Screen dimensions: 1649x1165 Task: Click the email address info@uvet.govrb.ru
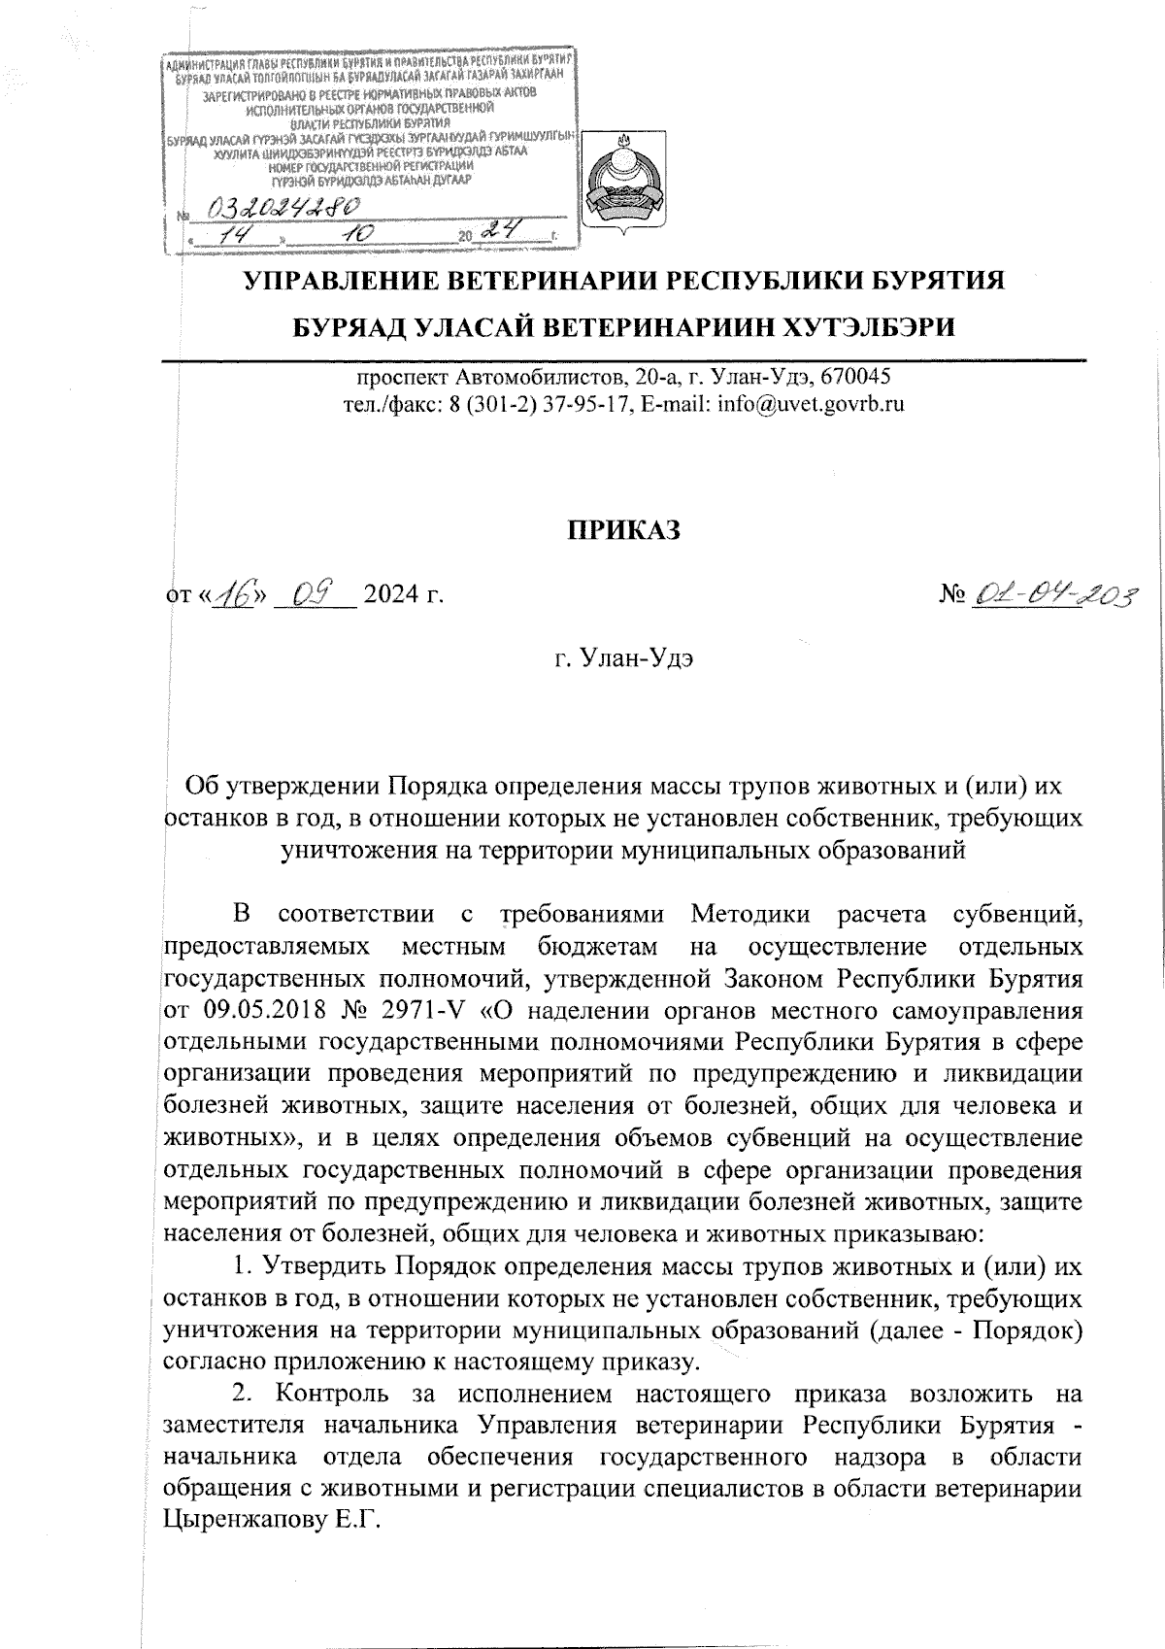(x=810, y=404)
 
